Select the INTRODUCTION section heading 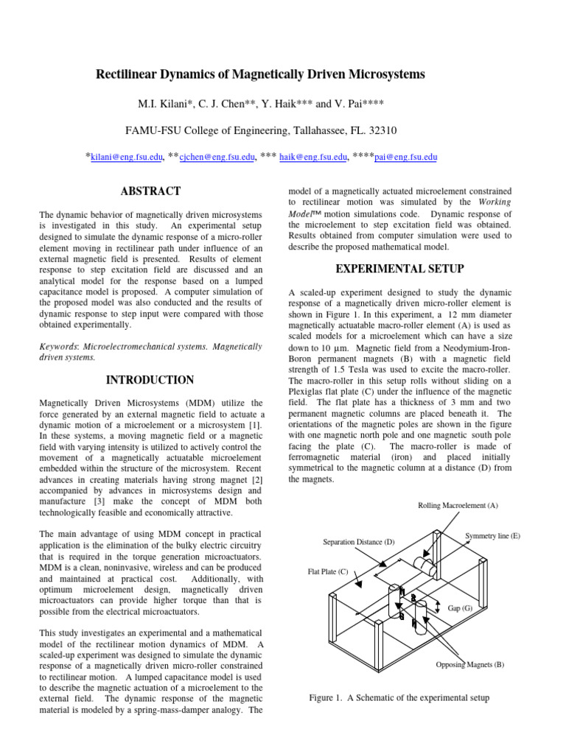150,380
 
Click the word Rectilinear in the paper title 127,75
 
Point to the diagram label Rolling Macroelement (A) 458,505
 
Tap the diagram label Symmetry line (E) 492,536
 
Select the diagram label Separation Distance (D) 359,542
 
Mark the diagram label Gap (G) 460,608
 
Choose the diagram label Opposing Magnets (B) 469,665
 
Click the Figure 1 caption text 399,697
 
